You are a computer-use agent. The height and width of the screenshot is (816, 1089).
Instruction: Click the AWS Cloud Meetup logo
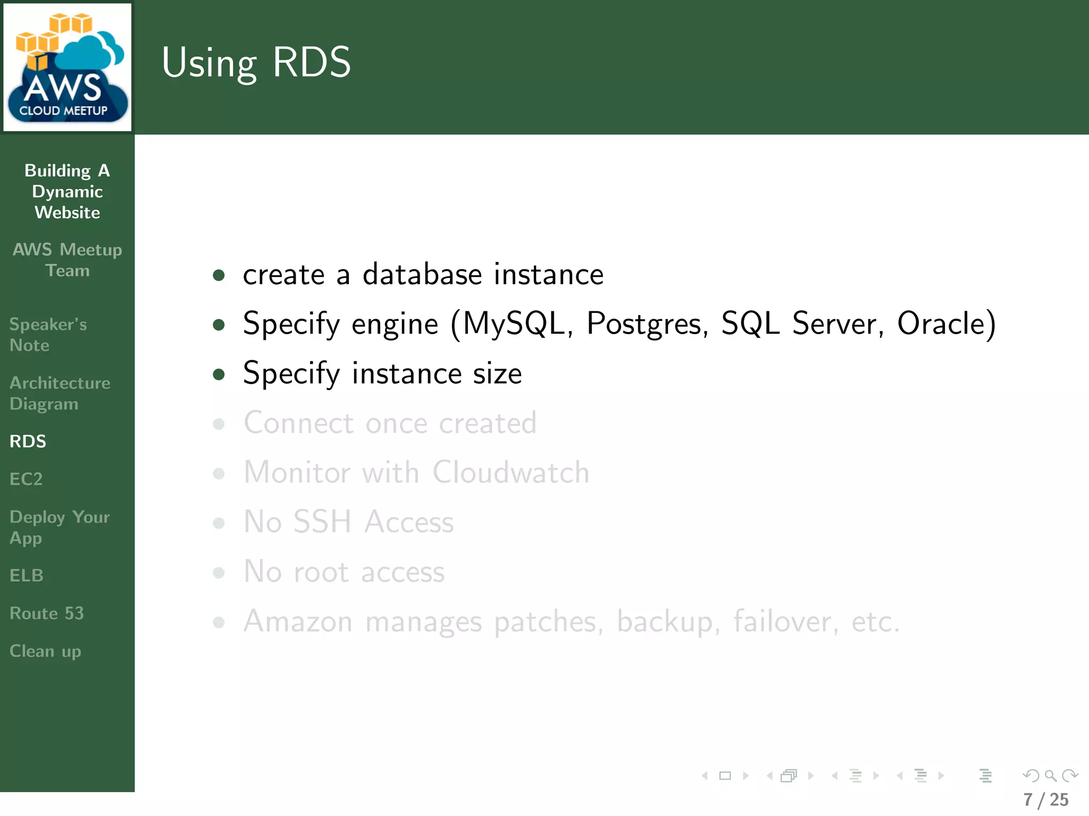(68, 67)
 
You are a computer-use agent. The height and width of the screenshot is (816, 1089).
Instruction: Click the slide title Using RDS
(256, 63)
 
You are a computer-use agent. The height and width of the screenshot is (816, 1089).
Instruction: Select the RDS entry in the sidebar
(28, 441)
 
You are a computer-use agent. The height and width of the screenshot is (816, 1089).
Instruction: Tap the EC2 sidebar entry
(26, 479)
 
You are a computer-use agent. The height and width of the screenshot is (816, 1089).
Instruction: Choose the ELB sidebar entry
(27, 575)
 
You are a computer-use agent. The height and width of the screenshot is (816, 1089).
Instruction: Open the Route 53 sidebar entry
(47, 613)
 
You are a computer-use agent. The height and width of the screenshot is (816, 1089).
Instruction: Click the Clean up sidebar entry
(45, 651)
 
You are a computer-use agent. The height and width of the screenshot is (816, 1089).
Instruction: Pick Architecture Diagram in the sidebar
(60, 393)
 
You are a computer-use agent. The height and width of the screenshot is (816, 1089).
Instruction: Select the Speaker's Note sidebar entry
(48, 335)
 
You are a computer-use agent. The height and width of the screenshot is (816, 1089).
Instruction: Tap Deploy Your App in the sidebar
(60, 527)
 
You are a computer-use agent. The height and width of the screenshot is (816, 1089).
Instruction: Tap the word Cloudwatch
(510, 472)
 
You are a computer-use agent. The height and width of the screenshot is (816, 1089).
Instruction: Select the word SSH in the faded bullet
(322, 522)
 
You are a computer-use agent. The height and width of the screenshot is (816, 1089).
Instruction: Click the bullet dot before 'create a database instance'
(219, 275)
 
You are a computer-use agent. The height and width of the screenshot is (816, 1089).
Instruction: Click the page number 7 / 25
(1046, 800)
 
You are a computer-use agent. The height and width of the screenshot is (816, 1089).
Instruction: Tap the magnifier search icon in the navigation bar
(1050, 776)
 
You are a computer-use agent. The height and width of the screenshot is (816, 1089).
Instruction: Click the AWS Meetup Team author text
(68, 260)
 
